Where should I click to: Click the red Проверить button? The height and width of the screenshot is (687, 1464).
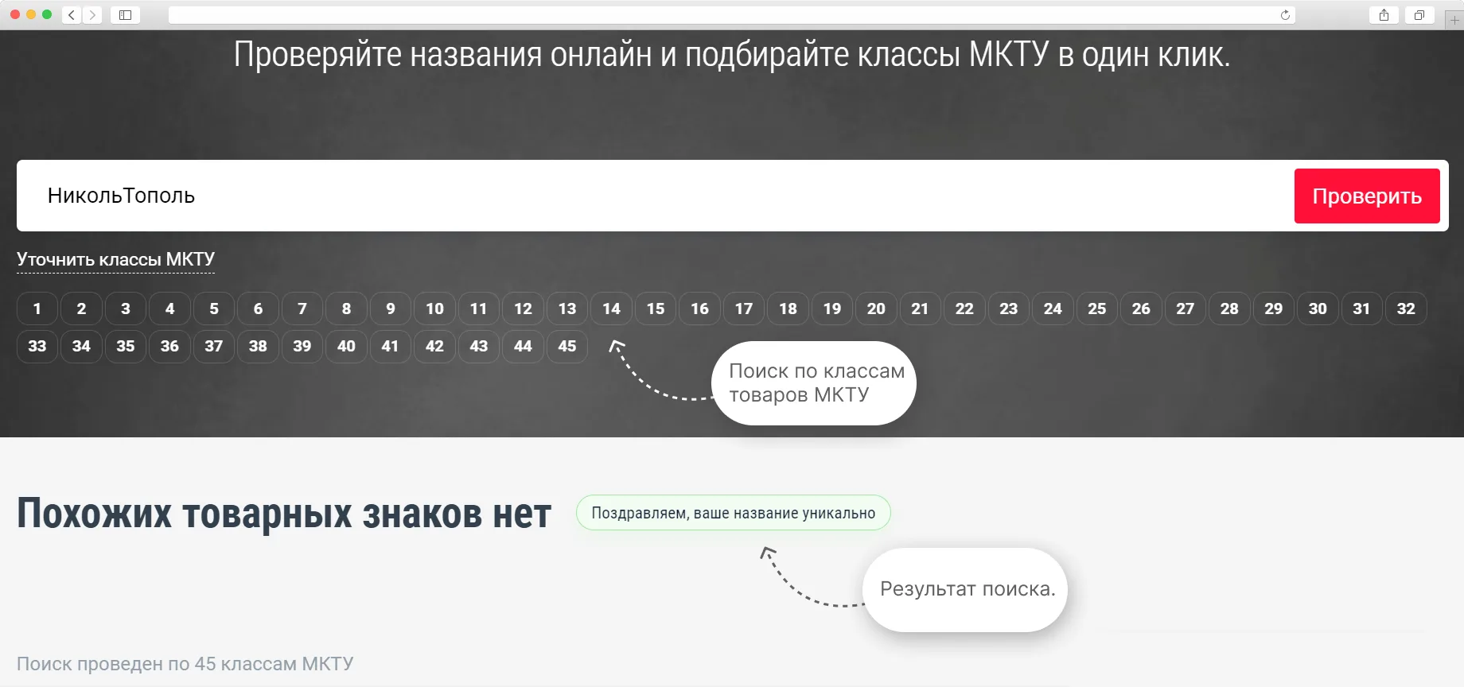pyautogui.click(x=1367, y=196)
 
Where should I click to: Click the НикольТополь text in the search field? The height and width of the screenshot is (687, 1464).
pyautogui.click(x=121, y=196)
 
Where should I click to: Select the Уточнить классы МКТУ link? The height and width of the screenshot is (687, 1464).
pyautogui.click(x=115, y=259)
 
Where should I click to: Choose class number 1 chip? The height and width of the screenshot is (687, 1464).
pyautogui.click(x=37, y=309)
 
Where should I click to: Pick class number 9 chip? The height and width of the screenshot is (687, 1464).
pyautogui.click(x=391, y=309)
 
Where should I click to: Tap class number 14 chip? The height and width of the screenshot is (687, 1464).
pyautogui.click(x=611, y=309)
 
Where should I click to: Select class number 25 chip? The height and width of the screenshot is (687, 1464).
pyautogui.click(x=1097, y=309)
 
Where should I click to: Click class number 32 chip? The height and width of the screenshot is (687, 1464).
pyautogui.click(x=1406, y=309)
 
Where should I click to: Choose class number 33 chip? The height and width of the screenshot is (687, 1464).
pyautogui.click(x=37, y=346)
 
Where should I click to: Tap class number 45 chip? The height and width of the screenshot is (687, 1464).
pyautogui.click(x=567, y=346)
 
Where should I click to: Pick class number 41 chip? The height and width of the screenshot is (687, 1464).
pyautogui.click(x=390, y=346)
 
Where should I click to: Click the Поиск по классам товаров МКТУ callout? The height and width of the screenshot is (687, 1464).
pyautogui.click(x=814, y=383)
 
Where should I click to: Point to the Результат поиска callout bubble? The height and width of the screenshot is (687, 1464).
pyautogui.click(x=965, y=590)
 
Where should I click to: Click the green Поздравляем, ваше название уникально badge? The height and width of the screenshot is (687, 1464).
pyautogui.click(x=734, y=513)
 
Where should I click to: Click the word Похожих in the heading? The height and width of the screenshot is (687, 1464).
pyautogui.click(x=94, y=514)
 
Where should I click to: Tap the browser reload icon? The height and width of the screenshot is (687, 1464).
pyautogui.click(x=1285, y=15)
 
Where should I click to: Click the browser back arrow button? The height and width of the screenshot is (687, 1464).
pyautogui.click(x=72, y=15)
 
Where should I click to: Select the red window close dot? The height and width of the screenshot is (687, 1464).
pyautogui.click(x=15, y=14)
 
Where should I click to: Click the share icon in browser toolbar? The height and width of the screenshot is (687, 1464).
pyautogui.click(x=1384, y=15)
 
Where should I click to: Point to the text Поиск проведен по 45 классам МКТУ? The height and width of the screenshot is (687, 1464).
pyautogui.click(x=185, y=664)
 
